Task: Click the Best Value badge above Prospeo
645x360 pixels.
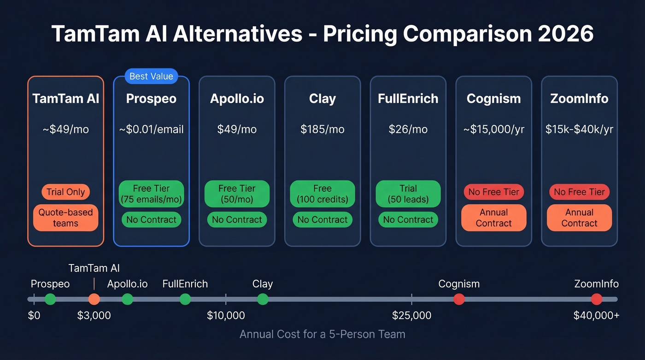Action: tap(151, 77)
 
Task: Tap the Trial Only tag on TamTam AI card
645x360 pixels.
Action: tap(65, 192)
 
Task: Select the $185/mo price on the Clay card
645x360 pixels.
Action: tap(322, 130)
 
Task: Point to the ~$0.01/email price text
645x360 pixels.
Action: tap(151, 130)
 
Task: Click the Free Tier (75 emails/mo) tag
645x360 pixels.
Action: tap(151, 194)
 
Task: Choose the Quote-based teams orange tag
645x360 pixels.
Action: tap(65, 218)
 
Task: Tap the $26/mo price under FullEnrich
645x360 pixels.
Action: tap(408, 130)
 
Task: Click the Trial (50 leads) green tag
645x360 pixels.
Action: tap(408, 194)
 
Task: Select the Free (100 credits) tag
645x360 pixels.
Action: tap(322, 194)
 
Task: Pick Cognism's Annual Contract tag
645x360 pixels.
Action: tap(493, 218)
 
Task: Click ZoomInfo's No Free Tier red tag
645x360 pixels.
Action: tap(579, 192)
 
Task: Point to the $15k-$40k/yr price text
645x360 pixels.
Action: tap(579, 130)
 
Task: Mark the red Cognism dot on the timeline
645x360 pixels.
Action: tap(459, 299)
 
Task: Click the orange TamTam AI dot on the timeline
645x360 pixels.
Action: tap(94, 299)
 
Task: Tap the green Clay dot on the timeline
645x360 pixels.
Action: tap(263, 299)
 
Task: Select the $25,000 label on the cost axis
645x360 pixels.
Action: tap(411, 316)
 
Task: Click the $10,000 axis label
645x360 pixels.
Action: tap(226, 316)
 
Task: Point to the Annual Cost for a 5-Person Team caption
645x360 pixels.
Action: tap(322, 334)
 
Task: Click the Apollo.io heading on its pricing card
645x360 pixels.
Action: tap(237, 99)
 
